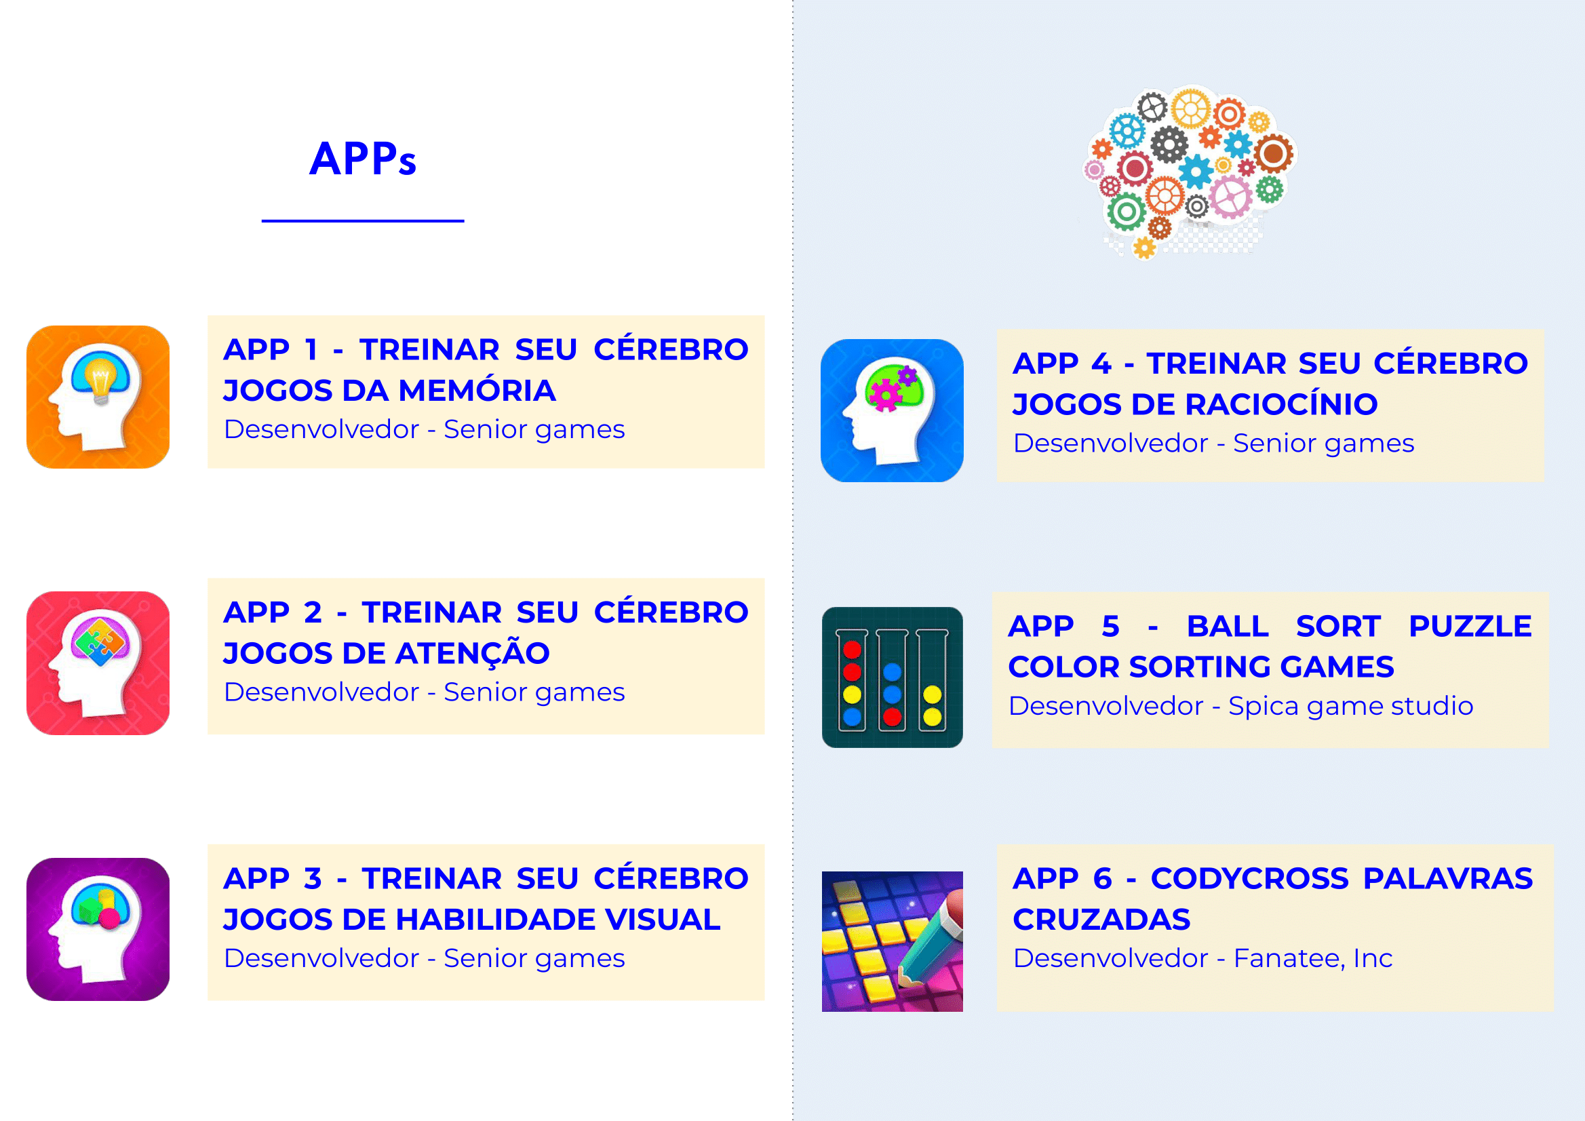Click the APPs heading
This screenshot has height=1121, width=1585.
(362, 159)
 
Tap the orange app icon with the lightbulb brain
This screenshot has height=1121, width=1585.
(98, 397)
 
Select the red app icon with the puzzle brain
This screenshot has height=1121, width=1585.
(98, 663)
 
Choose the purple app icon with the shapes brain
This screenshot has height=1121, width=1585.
(98, 929)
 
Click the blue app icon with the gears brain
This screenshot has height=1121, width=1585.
(892, 410)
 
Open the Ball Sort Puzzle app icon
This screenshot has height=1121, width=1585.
(892, 677)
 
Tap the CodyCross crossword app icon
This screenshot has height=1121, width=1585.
(892, 941)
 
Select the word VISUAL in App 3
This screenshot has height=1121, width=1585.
(662, 920)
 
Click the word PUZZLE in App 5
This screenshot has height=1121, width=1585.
(1470, 626)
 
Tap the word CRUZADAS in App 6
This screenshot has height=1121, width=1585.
(1101, 920)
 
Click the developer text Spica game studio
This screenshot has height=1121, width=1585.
(1351, 706)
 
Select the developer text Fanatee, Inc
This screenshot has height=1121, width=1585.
(1313, 959)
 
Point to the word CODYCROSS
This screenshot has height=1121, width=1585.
(1249, 879)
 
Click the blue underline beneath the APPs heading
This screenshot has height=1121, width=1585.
(362, 221)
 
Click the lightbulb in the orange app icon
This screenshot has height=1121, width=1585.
(101, 382)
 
